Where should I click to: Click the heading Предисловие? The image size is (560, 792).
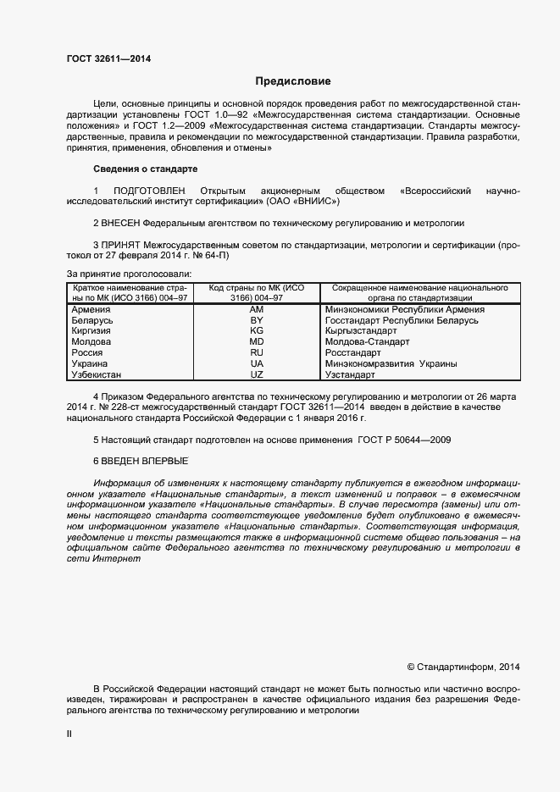(293, 81)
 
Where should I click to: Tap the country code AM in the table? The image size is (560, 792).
(257, 310)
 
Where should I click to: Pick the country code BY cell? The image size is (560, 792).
(257, 320)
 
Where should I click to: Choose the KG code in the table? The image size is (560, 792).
(257, 330)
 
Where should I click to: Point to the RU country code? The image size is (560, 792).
(257, 352)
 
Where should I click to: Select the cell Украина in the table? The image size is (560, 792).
(91, 363)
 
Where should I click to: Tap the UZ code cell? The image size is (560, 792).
(257, 374)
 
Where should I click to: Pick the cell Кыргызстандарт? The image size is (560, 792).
(362, 330)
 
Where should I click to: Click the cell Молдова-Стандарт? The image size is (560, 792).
(367, 341)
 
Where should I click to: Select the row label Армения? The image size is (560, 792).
(92, 310)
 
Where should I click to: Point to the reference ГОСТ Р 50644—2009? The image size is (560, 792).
(404, 440)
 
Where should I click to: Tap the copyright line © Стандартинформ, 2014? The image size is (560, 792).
(463, 666)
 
